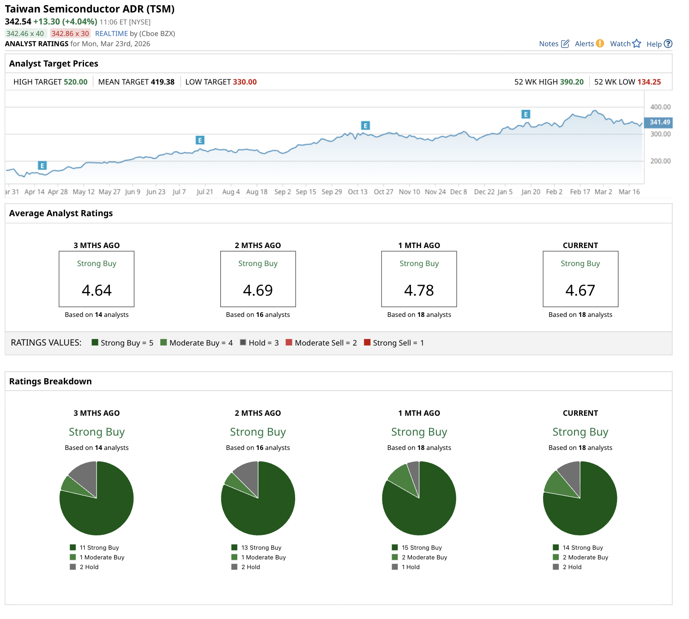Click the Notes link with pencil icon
click(554, 44)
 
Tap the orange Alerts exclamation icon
click(600, 43)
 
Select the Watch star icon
click(637, 43)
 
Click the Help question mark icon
click(668, 44)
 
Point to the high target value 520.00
click(75, 82)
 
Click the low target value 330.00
click(245, 82)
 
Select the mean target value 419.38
click(163, 82)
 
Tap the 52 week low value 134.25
click(649, 82)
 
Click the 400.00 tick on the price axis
click(660, 107)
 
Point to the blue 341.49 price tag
click(659, 122)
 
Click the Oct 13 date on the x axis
click(357, 192)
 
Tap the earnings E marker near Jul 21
click(200, 140)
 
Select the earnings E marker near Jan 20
click(526, 115)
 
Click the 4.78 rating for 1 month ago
click(419, 291)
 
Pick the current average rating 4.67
click(580, 291)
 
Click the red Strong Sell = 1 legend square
click(367, 343)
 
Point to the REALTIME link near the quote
click(111, 34)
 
